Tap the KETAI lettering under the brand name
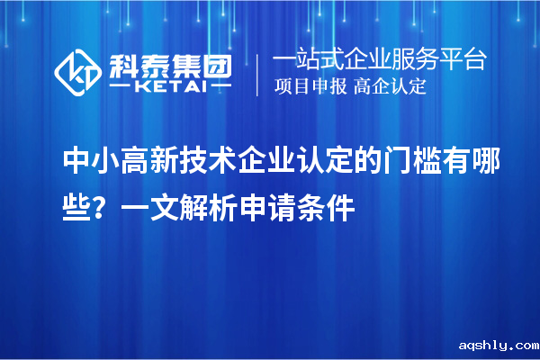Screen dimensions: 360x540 (x=170, y=88)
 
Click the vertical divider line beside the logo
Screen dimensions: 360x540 (x=258, y=75)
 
